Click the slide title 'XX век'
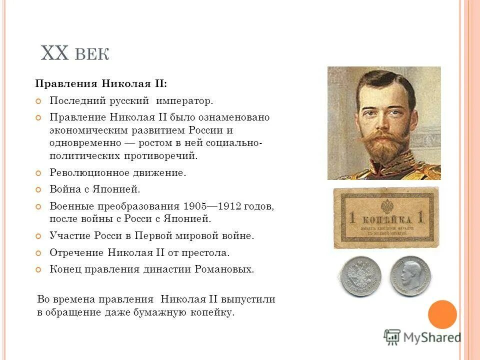(74, 52)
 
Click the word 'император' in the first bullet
(184, 101)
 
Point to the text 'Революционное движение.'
(117, 173)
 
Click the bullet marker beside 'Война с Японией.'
(38, 189)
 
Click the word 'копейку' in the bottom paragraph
(213, 313)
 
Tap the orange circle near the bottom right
(442, 314)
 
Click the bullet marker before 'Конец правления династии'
(38, 269)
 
